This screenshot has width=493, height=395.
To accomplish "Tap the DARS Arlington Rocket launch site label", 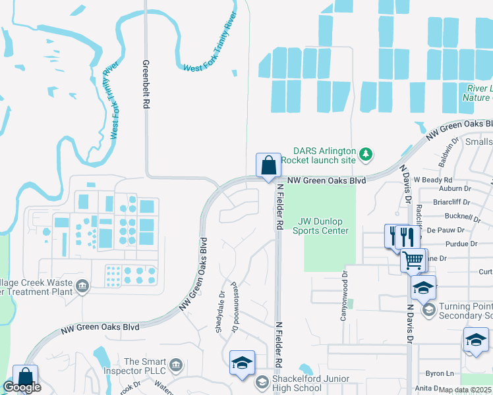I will click(x=318, y=155).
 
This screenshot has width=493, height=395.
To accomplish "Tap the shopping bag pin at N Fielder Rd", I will click(x=268, y=166).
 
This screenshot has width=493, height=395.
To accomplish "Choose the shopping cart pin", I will click(x=413, y=259).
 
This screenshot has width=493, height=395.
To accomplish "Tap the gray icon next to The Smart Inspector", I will click(x=175, y=364).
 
